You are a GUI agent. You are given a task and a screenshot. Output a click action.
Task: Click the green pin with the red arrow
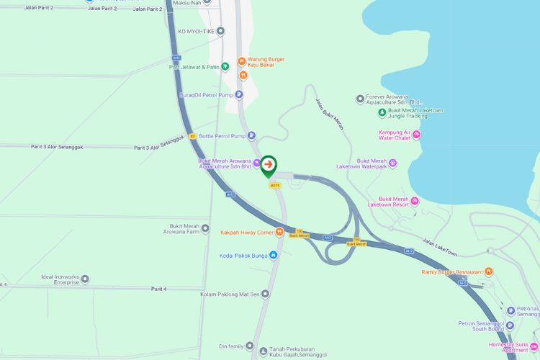pos(268,166)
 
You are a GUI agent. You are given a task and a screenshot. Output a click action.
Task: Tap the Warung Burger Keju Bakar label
pos(266,62)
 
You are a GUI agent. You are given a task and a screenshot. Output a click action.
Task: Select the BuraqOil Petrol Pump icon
pos(239,94)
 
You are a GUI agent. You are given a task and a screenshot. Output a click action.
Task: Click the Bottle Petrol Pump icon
pos(251,135)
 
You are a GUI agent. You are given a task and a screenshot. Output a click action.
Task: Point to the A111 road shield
pos(274,185)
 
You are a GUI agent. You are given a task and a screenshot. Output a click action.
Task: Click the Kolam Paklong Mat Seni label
pos(228,294)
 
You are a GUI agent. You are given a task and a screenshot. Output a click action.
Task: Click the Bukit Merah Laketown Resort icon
pos(415,201)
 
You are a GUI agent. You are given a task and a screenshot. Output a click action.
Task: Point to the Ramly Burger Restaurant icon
pos(488,271)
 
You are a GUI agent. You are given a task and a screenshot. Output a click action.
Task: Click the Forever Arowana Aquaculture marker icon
pos(360,99)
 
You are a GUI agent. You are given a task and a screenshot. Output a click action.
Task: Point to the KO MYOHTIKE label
pos(196,32)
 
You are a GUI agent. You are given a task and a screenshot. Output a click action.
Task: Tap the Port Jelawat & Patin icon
pos(225,67)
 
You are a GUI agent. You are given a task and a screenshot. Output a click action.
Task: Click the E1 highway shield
pos(192,135)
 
